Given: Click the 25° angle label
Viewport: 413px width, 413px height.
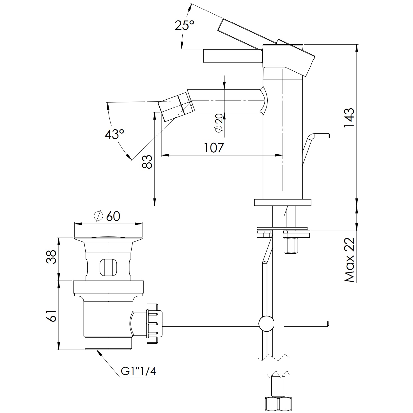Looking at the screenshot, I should click(x=184, y=26).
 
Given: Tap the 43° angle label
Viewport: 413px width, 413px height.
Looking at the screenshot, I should click(x=114, y=134).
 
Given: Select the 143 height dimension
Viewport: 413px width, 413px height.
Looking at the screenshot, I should click(x=349, y=118).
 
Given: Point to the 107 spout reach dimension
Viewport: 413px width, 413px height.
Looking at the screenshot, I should click(x=214, y=148).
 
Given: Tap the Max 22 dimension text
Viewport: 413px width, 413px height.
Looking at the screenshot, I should click(x=349, y=260).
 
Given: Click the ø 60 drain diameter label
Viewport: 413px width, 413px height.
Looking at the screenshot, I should click(x=107, y=216).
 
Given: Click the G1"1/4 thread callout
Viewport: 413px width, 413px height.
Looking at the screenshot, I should click(x=138, y=371).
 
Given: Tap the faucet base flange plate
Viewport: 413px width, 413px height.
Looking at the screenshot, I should click(x=283, y=203).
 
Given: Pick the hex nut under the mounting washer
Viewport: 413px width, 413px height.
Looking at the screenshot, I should click(x=291, y=245).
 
